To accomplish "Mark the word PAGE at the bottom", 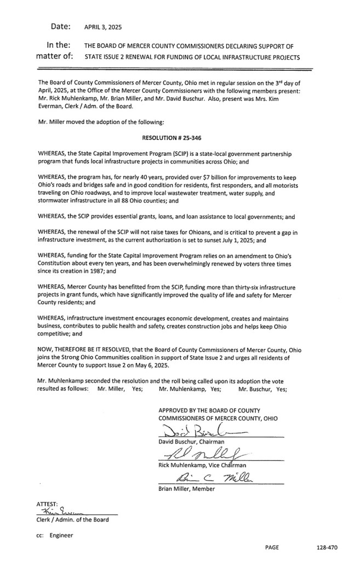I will click(x=272, y=548).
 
